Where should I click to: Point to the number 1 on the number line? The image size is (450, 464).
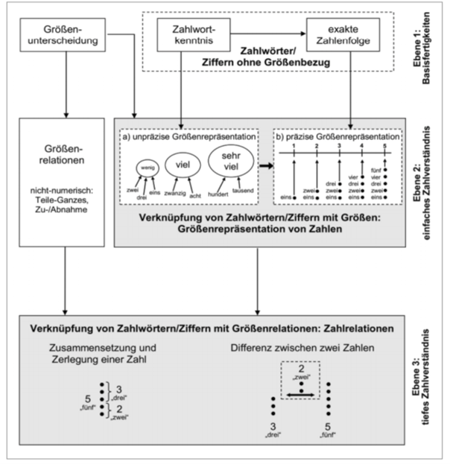[x=294, y=147]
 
